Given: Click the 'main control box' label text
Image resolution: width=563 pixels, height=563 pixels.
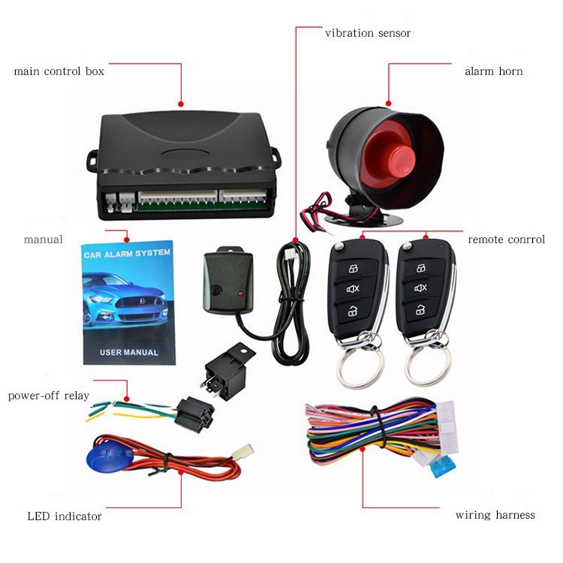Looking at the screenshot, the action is [59, 71].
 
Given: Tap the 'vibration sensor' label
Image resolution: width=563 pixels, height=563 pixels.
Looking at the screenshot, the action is [368, 33].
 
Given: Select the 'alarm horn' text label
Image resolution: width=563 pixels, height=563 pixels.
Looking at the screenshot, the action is [494, 71].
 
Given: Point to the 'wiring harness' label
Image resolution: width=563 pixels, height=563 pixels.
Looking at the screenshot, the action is [495, 515].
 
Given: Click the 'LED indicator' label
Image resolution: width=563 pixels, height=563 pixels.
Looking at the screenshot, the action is [65, 516].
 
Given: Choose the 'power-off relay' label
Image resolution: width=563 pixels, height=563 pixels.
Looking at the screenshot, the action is [49, 396].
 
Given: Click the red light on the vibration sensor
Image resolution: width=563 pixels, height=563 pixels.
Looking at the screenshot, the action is [240, 294].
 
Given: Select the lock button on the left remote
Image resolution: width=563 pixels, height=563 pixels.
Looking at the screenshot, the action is [354, 268].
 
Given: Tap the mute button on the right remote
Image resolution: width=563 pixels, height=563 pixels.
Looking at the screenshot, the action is [421, 288].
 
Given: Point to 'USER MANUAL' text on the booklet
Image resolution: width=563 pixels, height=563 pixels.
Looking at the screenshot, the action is [129, 353].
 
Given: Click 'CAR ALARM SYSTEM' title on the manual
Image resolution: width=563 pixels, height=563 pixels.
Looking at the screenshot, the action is [127, 254].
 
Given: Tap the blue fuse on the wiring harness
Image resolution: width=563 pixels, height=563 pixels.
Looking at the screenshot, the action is [443, 467].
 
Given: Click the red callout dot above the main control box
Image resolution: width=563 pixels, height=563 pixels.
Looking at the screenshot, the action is [181, 104].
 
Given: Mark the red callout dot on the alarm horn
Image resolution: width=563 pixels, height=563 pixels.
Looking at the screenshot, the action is [389, 104].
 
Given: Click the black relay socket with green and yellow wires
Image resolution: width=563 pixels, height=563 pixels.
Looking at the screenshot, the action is [194, 414].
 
